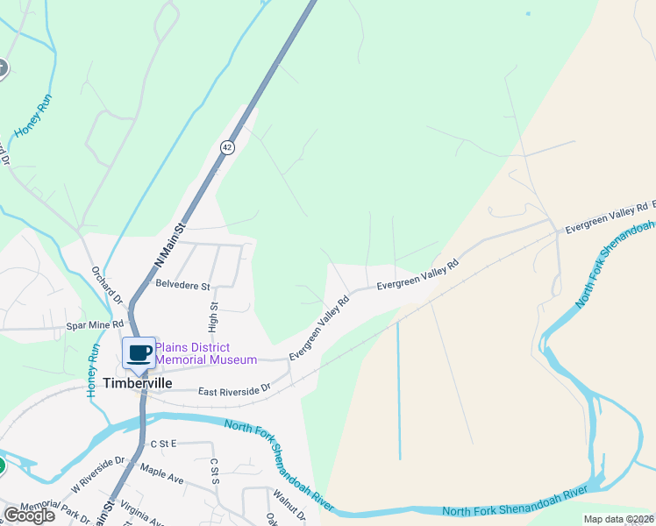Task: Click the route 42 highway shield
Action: click(x=228, y=148)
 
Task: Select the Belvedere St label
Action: click(x=183, y=285)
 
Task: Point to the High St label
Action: click(x=213, y=317)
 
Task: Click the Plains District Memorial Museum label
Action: click(x=206, y=353)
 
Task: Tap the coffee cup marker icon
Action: click(x=139, y=352)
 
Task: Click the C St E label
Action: click(x=163, y=444)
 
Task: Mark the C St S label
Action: click(x=213, y=470)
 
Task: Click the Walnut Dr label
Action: click(x=289, y=506)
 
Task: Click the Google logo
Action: click(x=29, y=515)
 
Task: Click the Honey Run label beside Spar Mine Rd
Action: click(x=93, y=371)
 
